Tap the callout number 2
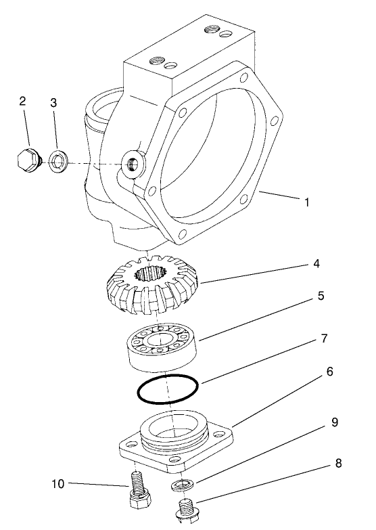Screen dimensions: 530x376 (22, 102)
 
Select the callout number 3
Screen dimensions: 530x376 (53, 103)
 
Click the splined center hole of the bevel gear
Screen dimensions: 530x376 (149, 274)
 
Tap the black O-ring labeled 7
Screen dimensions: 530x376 (167, 390)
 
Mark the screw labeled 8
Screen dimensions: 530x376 (186, 511)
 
